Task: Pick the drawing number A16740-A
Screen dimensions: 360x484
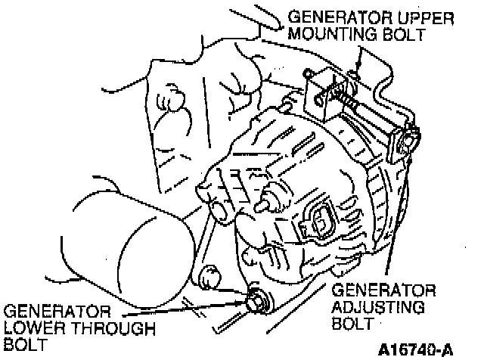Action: pos(414,349)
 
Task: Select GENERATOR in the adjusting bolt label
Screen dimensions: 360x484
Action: pos(384,290)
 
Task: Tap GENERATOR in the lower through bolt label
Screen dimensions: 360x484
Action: pos(57,311)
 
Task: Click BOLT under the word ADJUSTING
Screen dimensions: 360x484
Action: pos(352,324)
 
